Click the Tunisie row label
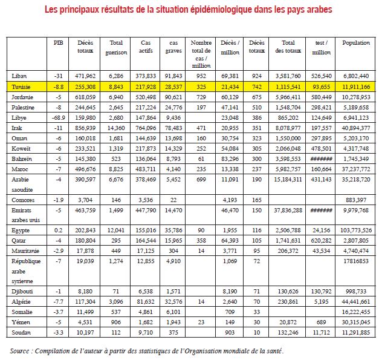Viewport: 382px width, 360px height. tap(22, 87)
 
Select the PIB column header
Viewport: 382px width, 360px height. tap(58, 44)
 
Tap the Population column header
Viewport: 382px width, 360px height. tap(356, 44)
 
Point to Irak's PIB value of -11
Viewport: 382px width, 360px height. tap(59, 128)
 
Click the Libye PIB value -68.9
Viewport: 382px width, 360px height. tap(59, 118)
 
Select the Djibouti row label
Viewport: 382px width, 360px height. tap(23, 290)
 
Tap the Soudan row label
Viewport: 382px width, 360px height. tap(22, 332)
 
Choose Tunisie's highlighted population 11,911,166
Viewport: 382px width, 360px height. tap(356, 87)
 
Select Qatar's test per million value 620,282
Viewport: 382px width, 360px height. tap(322, 241)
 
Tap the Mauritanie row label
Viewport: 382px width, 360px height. tap(26, 250)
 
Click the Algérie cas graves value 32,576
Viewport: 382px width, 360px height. tap(173, 301)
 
